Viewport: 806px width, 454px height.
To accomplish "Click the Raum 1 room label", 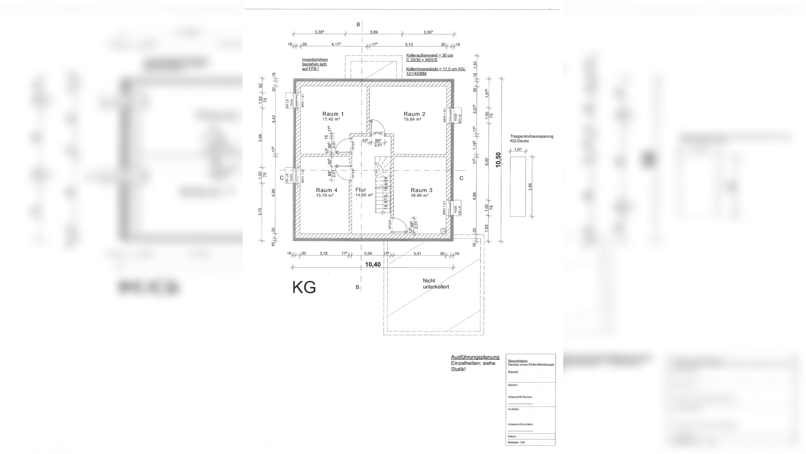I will [333, 114].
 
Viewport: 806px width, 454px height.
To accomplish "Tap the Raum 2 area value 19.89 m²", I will [412, 119].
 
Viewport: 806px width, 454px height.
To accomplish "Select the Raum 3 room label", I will [422, 190].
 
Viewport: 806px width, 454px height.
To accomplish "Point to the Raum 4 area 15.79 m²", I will [325, 195].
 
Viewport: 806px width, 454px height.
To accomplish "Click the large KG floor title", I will [304, 287].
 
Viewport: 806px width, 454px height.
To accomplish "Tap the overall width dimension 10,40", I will [373, 264].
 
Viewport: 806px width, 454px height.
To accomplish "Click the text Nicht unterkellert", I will [435, 284].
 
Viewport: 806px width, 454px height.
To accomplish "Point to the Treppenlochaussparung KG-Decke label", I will [531, 138].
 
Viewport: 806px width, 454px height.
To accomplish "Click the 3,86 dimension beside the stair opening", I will [530, 187].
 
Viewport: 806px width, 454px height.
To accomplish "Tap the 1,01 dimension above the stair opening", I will [518, 150].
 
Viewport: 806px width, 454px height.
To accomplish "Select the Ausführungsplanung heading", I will [475, 357].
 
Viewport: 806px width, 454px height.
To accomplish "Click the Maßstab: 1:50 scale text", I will [516, 442].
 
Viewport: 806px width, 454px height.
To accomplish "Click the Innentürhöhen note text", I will [315, 64].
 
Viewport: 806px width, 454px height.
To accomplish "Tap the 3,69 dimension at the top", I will [374, 32].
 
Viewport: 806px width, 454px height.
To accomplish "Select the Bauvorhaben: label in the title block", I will [518, 361].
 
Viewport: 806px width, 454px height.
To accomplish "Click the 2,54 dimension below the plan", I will [368, 253].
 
